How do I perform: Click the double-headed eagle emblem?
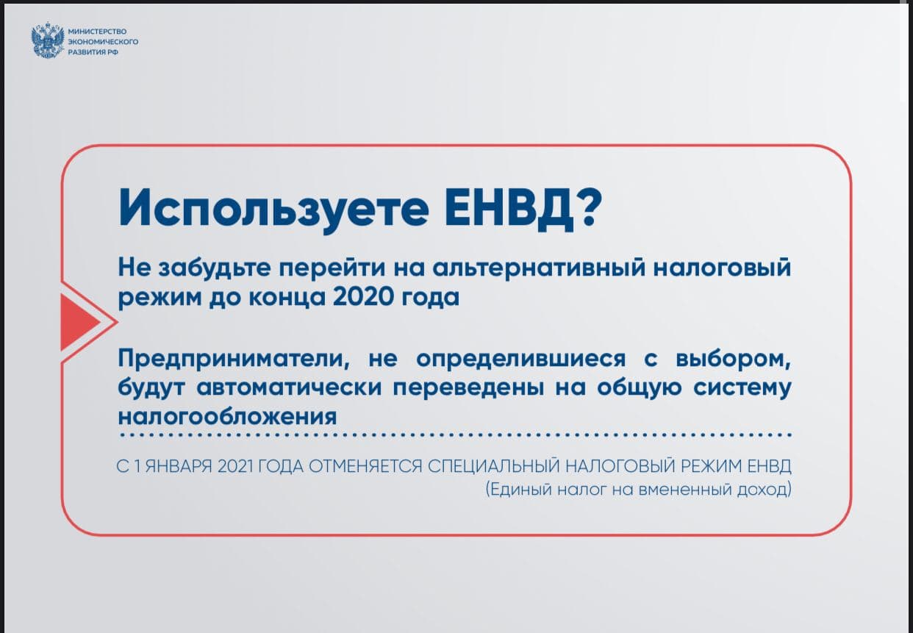click(48, 40)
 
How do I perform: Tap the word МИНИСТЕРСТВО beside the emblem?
click(98, 32)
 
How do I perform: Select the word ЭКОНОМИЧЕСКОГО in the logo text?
click(103, 42)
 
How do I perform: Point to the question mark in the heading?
click(588, 207)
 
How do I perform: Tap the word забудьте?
click(215, 268)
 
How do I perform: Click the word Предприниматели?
click(234, 359)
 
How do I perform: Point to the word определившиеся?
click(521, 359)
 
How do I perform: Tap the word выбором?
click(734, 359)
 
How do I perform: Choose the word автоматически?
click(289, 387)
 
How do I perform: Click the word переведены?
click(468, 388)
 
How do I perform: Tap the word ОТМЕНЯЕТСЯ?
click(365, 466)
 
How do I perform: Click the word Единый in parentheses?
click(518, 489)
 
